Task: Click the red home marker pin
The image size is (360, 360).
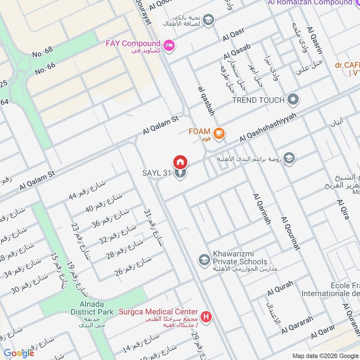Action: [x=180, y=161]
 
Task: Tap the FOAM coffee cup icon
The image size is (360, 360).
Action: [x=219, y=133]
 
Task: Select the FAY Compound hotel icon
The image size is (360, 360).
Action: [x=169, y=45]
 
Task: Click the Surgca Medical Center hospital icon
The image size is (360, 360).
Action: [x=206, y=317]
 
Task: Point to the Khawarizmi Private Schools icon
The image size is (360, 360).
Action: [x=204, y=260]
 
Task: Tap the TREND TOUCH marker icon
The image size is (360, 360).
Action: [x=293, y=100]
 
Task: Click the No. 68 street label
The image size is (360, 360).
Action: [x=43, y=53]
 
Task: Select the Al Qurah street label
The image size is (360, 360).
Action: [x=280, y=288]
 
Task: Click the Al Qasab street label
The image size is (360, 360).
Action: [x=237, y=52]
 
